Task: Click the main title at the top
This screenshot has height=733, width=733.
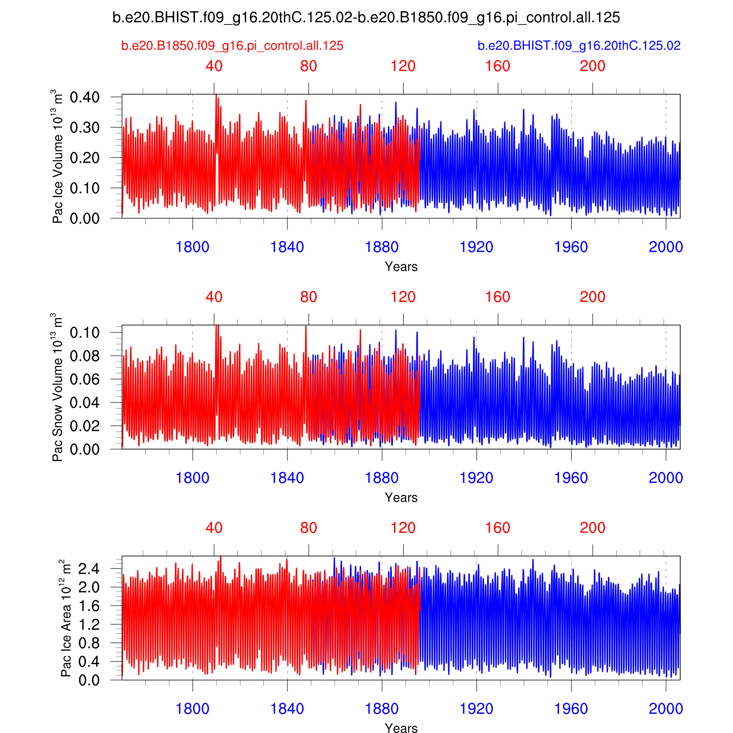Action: (x=366, y=18)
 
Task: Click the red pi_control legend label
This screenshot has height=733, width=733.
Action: (x=232, y=45)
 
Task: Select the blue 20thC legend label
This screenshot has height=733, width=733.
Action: (x=579, y=45)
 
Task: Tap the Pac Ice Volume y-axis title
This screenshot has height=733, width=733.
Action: (x=58, y=156)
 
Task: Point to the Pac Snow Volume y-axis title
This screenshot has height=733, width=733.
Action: (x=58, y=387)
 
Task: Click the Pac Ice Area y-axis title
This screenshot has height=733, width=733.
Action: (x=65, y=618)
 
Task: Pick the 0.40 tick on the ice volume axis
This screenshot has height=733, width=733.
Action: (x=85, y=97)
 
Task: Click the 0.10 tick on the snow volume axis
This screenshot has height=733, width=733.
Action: (x=85, y=333)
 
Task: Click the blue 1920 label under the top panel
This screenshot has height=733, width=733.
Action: (x=476, y=247)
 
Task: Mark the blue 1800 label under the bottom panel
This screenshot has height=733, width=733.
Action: (x=193, y=709)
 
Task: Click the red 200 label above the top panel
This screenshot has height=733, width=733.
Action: (x=592, y=66)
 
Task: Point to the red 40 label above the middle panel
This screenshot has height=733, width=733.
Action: (x=214, y=297)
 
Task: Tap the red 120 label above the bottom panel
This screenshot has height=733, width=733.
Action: (x=403, y=528)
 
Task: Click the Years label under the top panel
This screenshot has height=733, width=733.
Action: (x=401, y=267)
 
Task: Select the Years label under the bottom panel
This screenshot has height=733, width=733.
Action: (x=401, y=728)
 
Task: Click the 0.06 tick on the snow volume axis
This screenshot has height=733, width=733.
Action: (x=85, y=379)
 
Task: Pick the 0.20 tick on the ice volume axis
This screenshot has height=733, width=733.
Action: (x=85, y=158)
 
